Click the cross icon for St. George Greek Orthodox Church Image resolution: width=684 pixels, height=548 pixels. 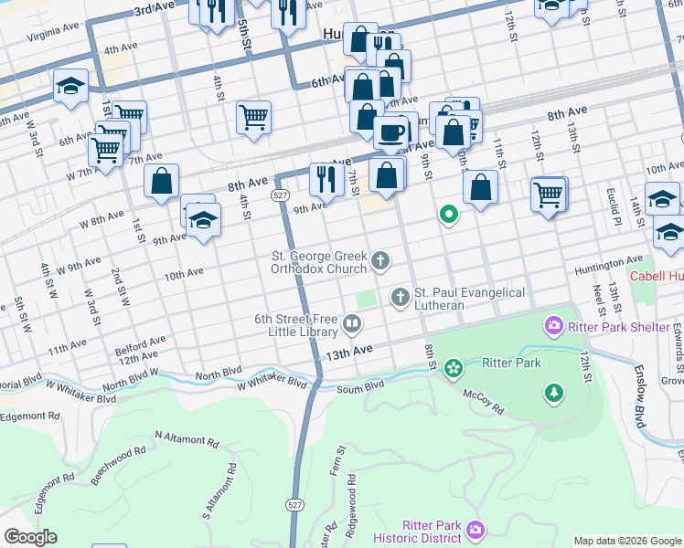[380, 263]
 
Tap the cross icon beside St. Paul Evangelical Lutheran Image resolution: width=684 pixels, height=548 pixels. [400, 297]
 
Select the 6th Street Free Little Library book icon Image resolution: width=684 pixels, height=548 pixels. [352, 323]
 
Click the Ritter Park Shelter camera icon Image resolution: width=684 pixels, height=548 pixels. [552, 325]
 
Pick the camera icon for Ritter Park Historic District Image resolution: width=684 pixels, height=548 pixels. [475, 530]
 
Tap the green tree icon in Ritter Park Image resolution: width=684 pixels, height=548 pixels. [553, 393]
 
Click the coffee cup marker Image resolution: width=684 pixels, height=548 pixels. [391, 132]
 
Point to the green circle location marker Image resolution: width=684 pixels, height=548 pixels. [448, 216]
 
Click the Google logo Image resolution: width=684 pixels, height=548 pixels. [30, 537]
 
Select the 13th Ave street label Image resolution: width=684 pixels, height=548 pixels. [351, 351]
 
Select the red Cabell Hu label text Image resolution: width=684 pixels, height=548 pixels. [656, 276]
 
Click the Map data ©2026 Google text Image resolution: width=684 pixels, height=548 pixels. [627, 541]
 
